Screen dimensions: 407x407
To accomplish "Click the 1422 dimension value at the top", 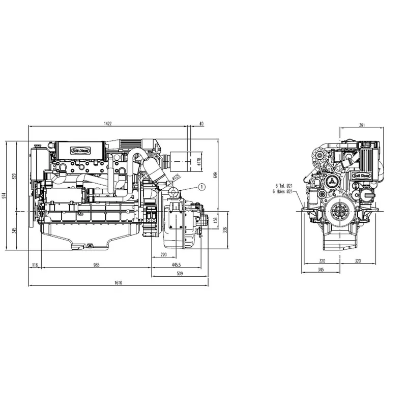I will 107,124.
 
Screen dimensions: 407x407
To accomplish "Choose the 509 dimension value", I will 180,274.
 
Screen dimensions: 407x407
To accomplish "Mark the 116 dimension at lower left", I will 35,265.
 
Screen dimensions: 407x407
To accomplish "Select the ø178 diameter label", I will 199,162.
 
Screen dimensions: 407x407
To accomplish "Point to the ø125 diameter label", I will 177,178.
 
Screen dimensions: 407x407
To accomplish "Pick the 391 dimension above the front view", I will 362,125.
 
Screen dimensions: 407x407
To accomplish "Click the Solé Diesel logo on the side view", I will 79,150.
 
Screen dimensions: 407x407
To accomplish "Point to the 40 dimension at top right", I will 202,124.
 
